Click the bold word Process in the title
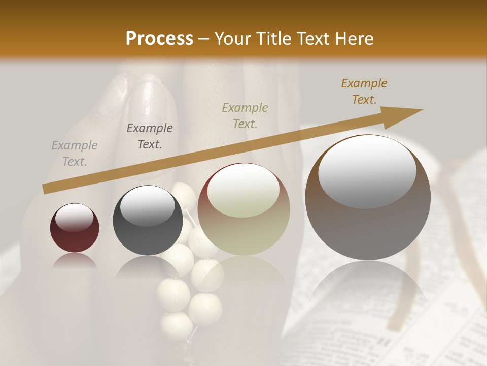(159, 39)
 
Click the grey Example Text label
(75, 154)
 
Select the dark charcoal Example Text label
(150, 136)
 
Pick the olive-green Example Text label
(245, 116)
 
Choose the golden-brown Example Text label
(364, 91)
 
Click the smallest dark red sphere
(75, 228)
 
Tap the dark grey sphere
(148, 220)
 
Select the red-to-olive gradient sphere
(244, 209)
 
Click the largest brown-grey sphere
(368, 198)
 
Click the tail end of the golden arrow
(46, 189)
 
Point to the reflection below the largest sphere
(368, 285)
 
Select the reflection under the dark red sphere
(75, 262)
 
